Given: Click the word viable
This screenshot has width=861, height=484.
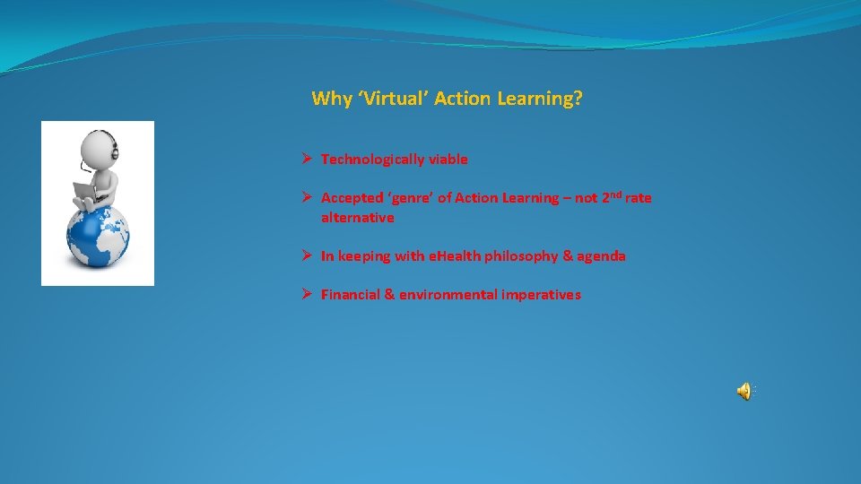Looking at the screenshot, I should click(x=448, y=160).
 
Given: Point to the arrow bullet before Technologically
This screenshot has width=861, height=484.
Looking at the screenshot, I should click(x=306, y=159).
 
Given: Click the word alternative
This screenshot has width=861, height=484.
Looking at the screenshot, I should click(x=357, y=218).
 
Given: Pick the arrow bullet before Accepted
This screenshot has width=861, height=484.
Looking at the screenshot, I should click(x=306, y=197).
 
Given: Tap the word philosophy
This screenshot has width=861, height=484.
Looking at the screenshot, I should click(x=520, y=256).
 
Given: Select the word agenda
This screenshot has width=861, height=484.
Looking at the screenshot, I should click(x=602, y=256).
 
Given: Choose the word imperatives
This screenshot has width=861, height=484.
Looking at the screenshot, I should click(x=542, y=295).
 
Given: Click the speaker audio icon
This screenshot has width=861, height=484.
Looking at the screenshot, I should click(x=744, y=390).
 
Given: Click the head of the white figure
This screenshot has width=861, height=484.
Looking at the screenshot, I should click(x=100, y=147).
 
